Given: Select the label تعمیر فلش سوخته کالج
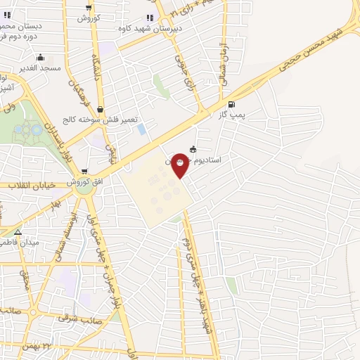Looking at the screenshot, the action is click(101, 121).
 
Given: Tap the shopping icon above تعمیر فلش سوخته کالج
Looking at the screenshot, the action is click(101, 110).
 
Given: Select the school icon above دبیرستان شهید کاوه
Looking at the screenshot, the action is click(149, 18).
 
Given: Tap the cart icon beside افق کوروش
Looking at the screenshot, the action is click(84, 171).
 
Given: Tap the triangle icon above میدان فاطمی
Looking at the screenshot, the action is click(18, 231).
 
